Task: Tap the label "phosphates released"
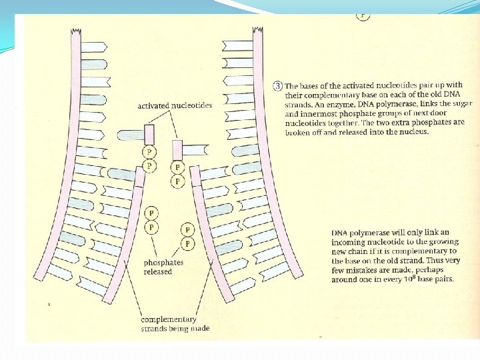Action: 163,267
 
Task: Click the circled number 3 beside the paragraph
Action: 277,86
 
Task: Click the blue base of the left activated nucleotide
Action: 129,135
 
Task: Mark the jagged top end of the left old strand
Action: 75,32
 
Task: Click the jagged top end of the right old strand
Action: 258,32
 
